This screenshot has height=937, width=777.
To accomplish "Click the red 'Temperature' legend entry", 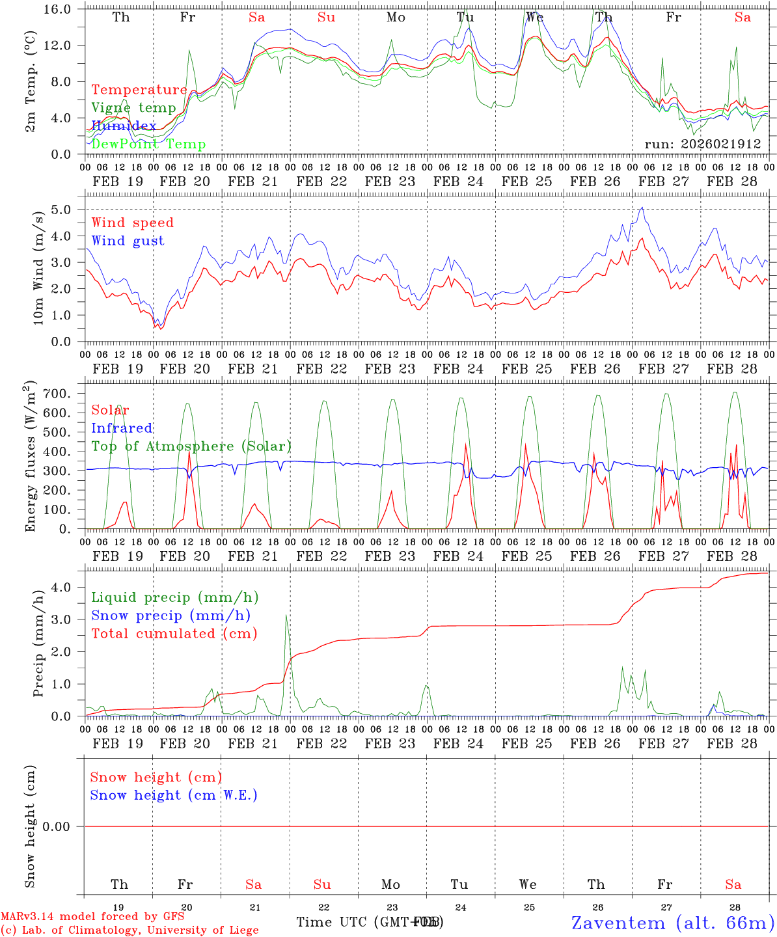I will pos(139,90).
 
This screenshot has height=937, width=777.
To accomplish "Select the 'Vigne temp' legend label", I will pos(133,108).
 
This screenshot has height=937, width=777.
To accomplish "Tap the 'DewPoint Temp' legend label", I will pos(148,144).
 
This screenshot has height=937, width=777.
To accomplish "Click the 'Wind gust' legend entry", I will pos(128,241).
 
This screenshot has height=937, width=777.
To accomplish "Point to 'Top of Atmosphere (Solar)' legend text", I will pos(191,446).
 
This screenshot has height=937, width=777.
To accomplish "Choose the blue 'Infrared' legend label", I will pos(122,428).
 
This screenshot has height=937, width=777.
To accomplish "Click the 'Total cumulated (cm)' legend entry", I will pos(174,633).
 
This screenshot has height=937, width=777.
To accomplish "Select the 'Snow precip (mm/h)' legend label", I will pos(170,616).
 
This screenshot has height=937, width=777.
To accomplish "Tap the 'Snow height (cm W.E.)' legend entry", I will pos(174,795).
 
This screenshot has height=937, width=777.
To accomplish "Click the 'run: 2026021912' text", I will pos(702,144).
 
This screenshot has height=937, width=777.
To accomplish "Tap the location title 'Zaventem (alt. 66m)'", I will pos(673,923).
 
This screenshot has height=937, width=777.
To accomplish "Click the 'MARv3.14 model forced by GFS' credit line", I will pos(92,917).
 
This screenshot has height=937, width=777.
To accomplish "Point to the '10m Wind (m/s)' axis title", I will pos(38,268).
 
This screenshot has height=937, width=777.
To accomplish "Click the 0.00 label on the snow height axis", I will pos(64,826).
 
